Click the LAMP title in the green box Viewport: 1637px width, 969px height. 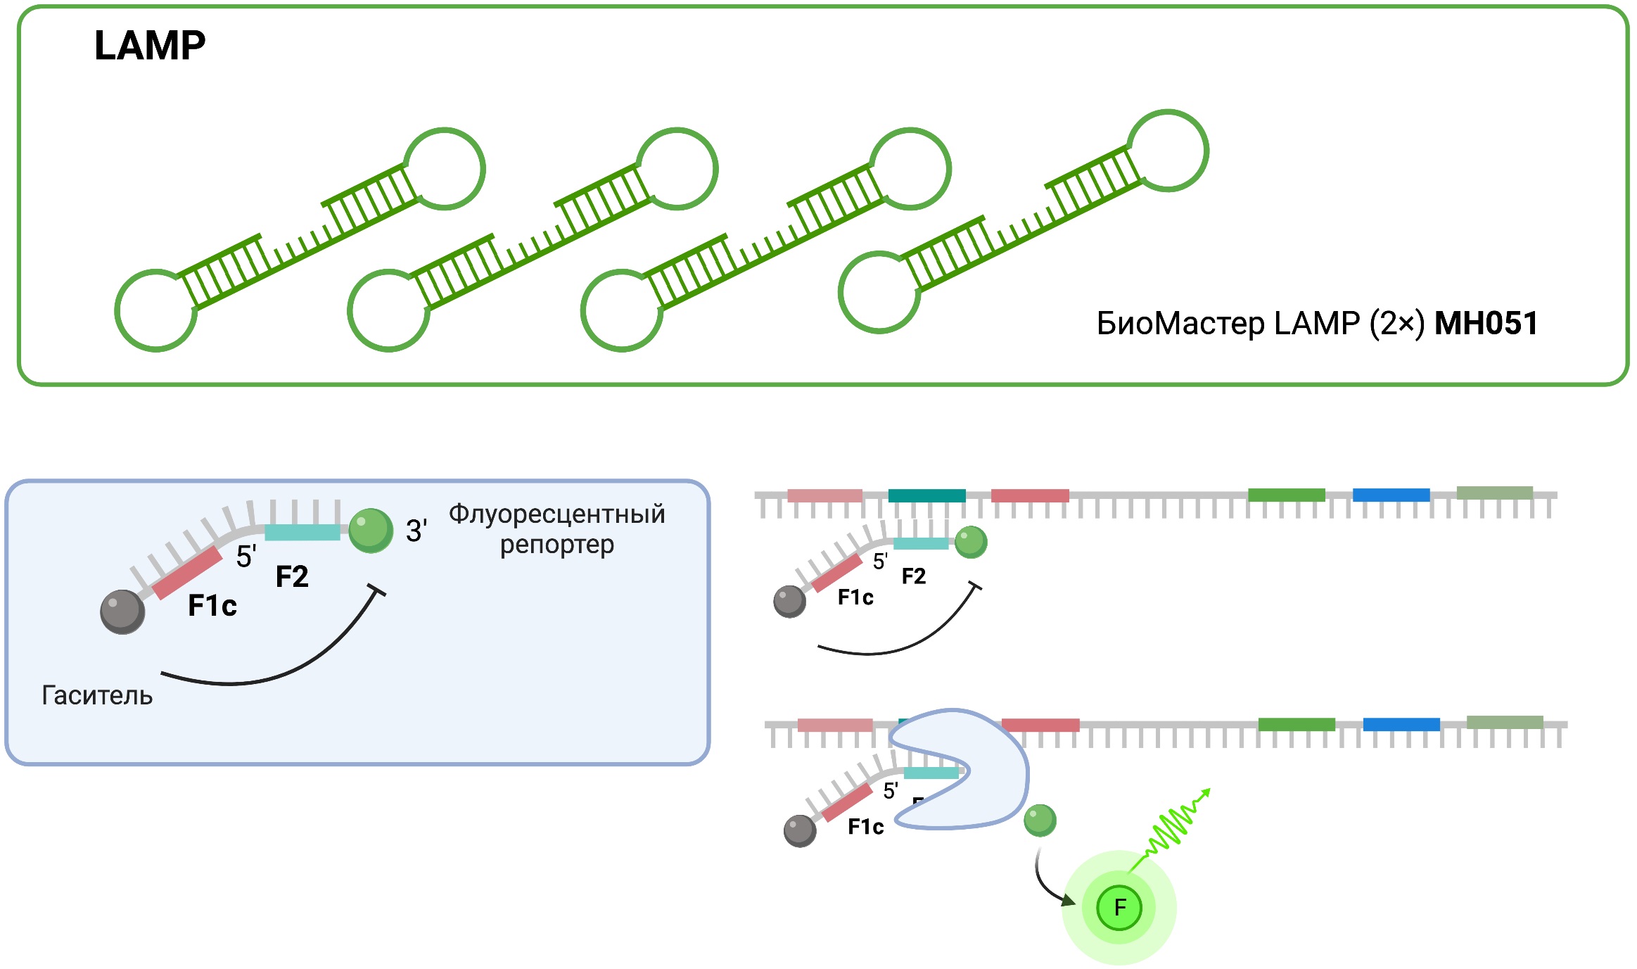point(150,46)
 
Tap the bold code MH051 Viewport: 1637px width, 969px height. point(1486,324)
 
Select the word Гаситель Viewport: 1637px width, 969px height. point(97,695)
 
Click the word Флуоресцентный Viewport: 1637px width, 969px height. point(556,514)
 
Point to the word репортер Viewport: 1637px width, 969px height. point(556,545)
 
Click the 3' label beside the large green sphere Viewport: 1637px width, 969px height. point(416,531)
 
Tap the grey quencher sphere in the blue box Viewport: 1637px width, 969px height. point(122,612)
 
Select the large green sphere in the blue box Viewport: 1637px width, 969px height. point(371,531)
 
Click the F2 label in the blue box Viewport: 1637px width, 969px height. point(292,577)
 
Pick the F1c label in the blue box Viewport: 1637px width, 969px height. point(212,606)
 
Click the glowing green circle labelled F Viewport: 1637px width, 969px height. point(1119,908)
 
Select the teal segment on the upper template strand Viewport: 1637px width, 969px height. point(926,495)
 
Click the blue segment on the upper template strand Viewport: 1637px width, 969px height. point(1391,495)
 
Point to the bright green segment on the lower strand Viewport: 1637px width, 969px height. point(1296,724)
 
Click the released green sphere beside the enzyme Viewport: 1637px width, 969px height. point(1040,821)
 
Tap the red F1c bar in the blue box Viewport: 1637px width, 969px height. point(187,573)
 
